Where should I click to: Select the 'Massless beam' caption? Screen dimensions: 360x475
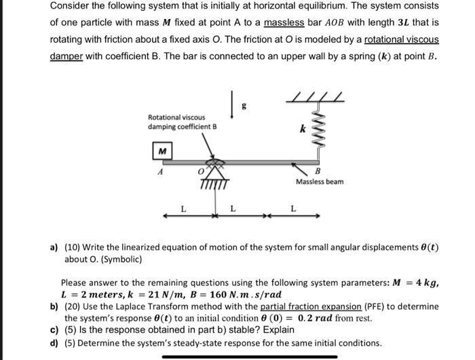tap(320, 182)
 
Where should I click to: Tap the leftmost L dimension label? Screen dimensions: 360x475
tap(182, 208)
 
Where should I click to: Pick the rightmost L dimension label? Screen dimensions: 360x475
tap(293, 207)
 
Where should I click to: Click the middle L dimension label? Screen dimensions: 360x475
tap(232, 208)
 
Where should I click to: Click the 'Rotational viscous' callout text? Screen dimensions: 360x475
tap(176, 117)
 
